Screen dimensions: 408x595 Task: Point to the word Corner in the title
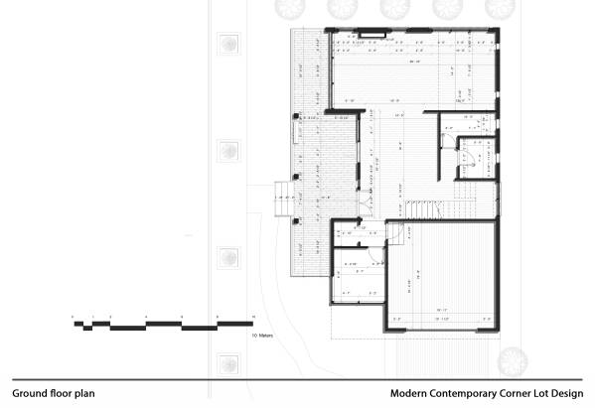pyautogui.click(x=517, y=393)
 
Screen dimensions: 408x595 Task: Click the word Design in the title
pyautogui.click(x=564, y=393)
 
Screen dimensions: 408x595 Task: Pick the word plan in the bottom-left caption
pyautogui.click(x=84, y=393)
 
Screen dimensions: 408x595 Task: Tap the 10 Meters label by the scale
pyautogui.click(x=263, y=336)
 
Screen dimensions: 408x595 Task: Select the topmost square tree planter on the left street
pyautogui.click(x=229, y=45)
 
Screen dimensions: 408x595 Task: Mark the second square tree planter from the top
pyautogui.click(x=229, y=151)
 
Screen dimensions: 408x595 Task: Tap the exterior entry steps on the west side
pyautogui.click(x=283, y=198)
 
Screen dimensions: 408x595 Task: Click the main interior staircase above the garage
pyautogui.click(x=426, y=209)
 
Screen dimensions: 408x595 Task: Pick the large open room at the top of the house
pyautogui.click(x=412, y=69)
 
